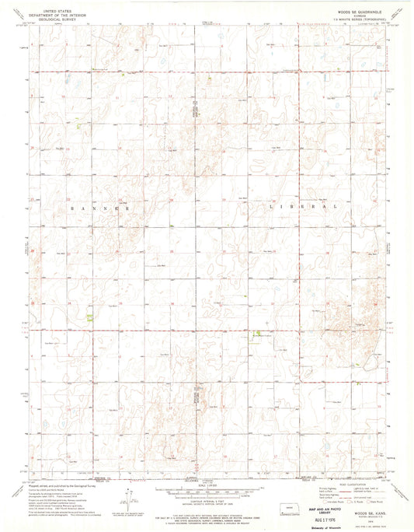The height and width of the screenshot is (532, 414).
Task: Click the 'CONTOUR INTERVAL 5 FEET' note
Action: coord(207,482)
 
